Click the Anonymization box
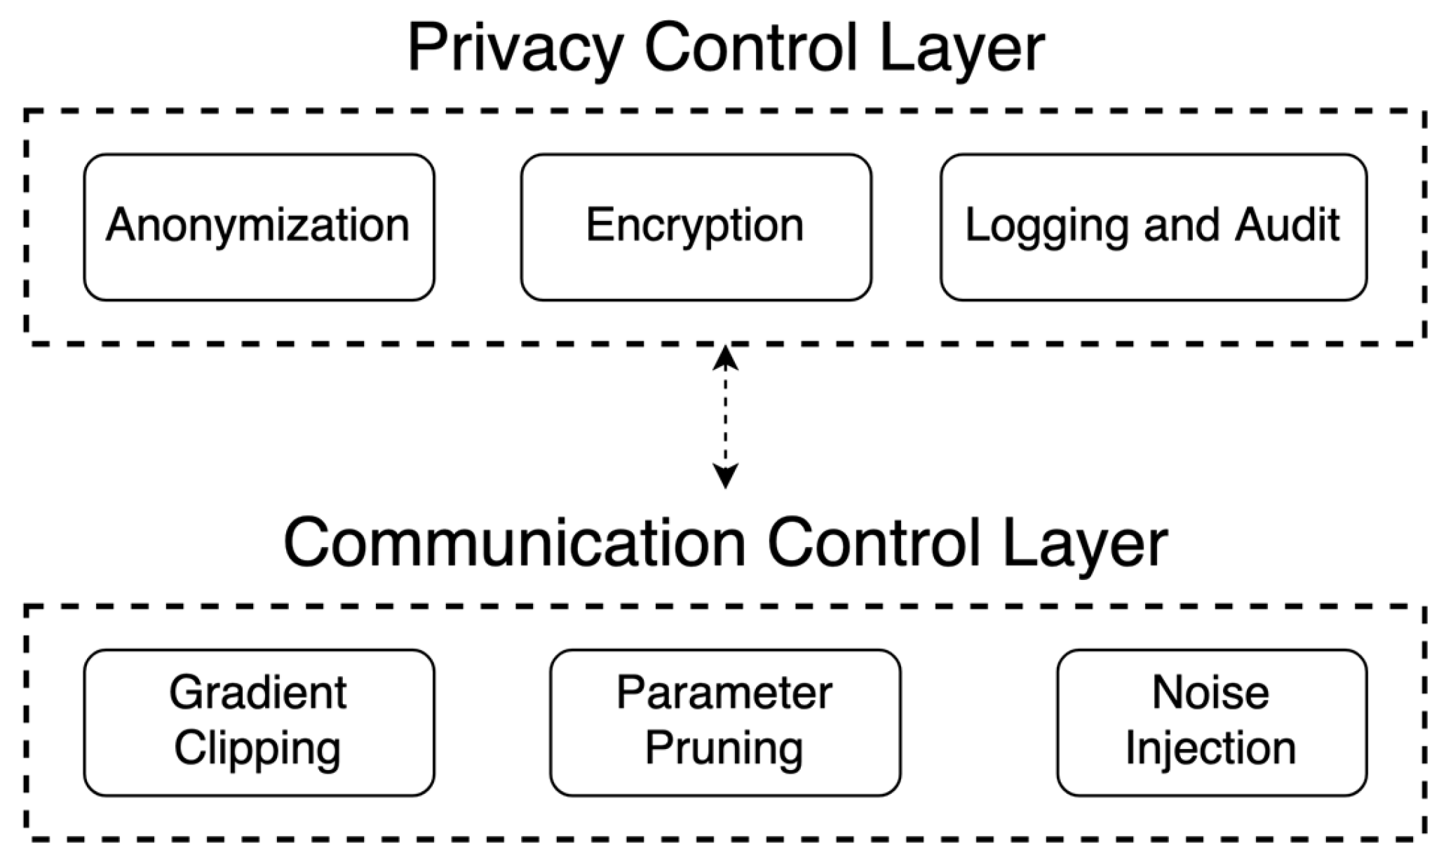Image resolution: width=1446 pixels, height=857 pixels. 259,227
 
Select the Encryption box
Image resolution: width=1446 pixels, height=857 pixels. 696,227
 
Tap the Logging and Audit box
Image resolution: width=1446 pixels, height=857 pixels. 1153,227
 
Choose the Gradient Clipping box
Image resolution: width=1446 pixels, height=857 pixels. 259,722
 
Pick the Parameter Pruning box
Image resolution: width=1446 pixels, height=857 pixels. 724,722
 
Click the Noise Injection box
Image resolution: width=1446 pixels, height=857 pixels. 1211,722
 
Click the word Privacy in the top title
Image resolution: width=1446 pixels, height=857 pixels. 515,49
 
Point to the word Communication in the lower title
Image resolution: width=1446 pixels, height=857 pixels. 515,544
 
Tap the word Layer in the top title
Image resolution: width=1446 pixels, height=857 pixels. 961,49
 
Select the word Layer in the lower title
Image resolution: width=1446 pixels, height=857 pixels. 1084,544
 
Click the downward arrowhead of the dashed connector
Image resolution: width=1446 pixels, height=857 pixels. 725,477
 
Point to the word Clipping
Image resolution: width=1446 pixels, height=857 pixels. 258,749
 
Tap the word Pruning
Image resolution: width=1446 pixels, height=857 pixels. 724,749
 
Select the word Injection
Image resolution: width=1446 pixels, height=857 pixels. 1210,749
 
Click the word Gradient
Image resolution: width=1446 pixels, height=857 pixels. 258,693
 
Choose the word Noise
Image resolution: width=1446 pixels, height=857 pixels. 1210,693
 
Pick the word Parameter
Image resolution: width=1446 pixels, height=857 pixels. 724,693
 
